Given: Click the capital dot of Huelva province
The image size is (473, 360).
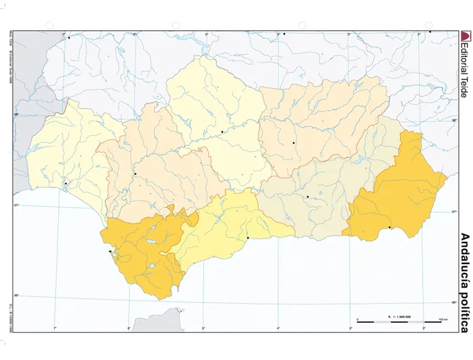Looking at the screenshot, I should pyautogui.click(x=66, y=183).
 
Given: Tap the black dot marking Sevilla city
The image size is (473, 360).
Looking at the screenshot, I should pyautogui.click(x=135, y=174).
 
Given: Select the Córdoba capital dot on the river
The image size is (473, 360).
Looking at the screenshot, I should pyautogui.click(x=222, y=132).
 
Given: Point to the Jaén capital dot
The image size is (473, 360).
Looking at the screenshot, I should pyautogui.click(x=294, y=143).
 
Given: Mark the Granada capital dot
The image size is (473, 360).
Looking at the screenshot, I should pyautogui.click(x=307, y=197).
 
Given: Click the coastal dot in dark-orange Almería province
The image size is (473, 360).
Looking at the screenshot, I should pyautogui.click(x=390, y=228).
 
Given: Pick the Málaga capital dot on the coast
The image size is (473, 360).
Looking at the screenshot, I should pyautogui.click(x=248, y=238).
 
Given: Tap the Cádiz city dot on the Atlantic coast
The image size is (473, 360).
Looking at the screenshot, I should pyautogui.click(x=110, y=252).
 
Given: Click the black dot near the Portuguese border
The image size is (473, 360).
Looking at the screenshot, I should pyautogui.click(x=69, y=38).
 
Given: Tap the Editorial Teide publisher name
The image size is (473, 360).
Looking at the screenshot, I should pyautogui.click(x=464, y=71).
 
